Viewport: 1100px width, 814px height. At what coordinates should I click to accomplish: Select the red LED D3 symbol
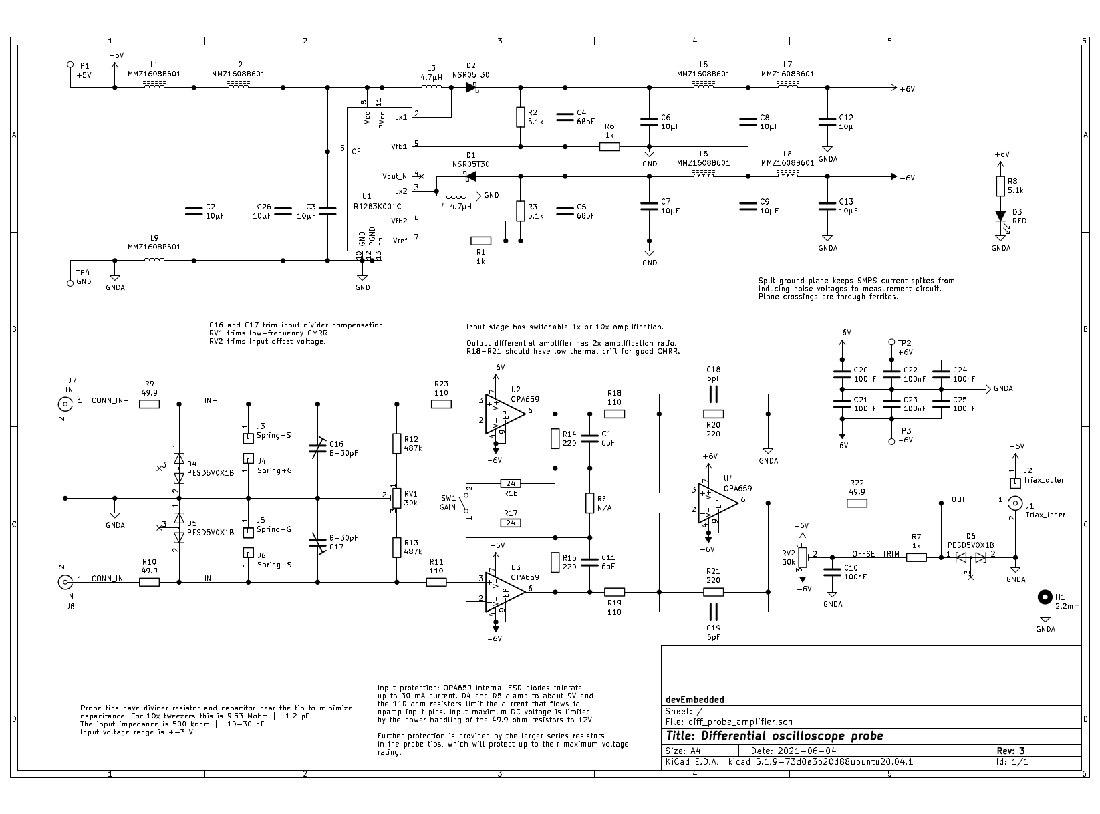[1000, 216]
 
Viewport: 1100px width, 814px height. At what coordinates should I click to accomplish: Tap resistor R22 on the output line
[857, 503]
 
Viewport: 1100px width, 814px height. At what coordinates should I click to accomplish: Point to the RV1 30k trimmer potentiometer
[396, 498]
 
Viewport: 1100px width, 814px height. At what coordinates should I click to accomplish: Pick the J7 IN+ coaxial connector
[65, 404]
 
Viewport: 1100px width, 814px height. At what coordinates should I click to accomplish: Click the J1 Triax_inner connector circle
[1015, 503]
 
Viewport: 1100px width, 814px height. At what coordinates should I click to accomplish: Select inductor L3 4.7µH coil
[432, 87]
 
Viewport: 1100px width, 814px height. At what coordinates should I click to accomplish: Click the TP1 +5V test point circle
[70, 65]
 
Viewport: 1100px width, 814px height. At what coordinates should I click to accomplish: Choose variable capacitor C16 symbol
[317, 448]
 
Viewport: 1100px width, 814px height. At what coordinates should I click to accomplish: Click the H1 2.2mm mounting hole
[1045, 597]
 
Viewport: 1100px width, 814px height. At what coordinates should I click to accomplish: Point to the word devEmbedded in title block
[695, 699]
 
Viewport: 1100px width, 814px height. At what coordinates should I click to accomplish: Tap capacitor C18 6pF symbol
[713, 394]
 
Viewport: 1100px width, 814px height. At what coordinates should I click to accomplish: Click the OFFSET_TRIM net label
[875, 553]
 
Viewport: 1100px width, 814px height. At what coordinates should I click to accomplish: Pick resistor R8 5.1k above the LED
[1000, 186]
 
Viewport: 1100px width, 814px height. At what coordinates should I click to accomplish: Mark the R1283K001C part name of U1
[377, 206]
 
